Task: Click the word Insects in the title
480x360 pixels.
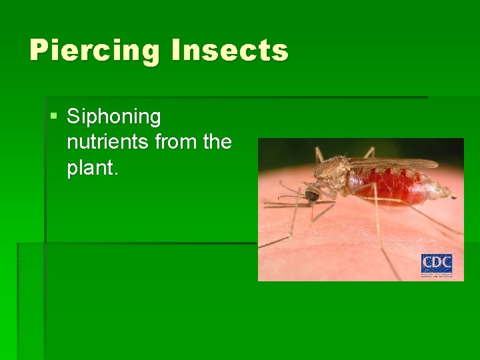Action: (x=229, y=51)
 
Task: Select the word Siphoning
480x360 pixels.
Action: (x=114, y=117)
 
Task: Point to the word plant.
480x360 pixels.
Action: (x=93, y=168)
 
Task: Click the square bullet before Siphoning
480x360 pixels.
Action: (x=53, y=118)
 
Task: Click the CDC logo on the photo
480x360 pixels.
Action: (x=437, y=266)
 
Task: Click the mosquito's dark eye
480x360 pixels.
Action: (x=312, y=195)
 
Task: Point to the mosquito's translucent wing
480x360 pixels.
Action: (x=393, y=163)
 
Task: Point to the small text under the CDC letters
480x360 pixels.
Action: (x=437, y=275)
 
